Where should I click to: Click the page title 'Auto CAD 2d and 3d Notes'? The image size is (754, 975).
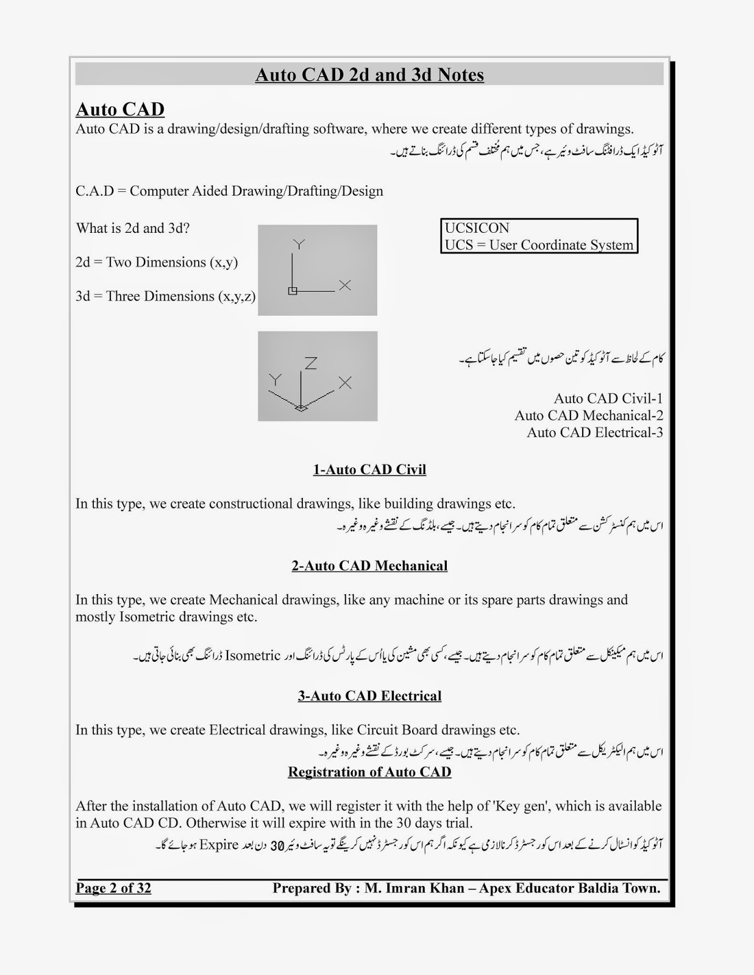[369, 75]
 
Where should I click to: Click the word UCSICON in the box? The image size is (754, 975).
[477, 228]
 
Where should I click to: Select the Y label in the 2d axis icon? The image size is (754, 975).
[299, 244]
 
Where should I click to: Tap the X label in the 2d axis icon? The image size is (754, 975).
[345, 285]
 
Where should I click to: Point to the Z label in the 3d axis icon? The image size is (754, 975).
[311, 363]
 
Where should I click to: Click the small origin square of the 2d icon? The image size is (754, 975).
[293, 291]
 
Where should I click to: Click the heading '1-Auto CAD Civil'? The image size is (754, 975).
[369, 469]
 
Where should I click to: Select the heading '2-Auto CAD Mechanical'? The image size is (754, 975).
[369, 565]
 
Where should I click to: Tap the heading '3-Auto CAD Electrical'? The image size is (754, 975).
[369, 696]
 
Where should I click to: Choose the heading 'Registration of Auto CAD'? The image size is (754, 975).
[369, 772]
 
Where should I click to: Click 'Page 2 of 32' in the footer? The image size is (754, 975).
[113, 888]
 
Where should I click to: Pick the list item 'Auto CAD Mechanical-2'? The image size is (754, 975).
[588, 416]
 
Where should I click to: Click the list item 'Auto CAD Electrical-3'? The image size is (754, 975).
[594, 433]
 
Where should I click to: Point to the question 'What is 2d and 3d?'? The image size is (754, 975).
[133, 229]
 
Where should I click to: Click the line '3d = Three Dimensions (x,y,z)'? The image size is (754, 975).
[165, 296]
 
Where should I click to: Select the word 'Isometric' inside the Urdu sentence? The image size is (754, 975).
[253, 656]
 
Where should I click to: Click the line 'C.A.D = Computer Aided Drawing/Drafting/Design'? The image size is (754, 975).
[229, 191]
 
